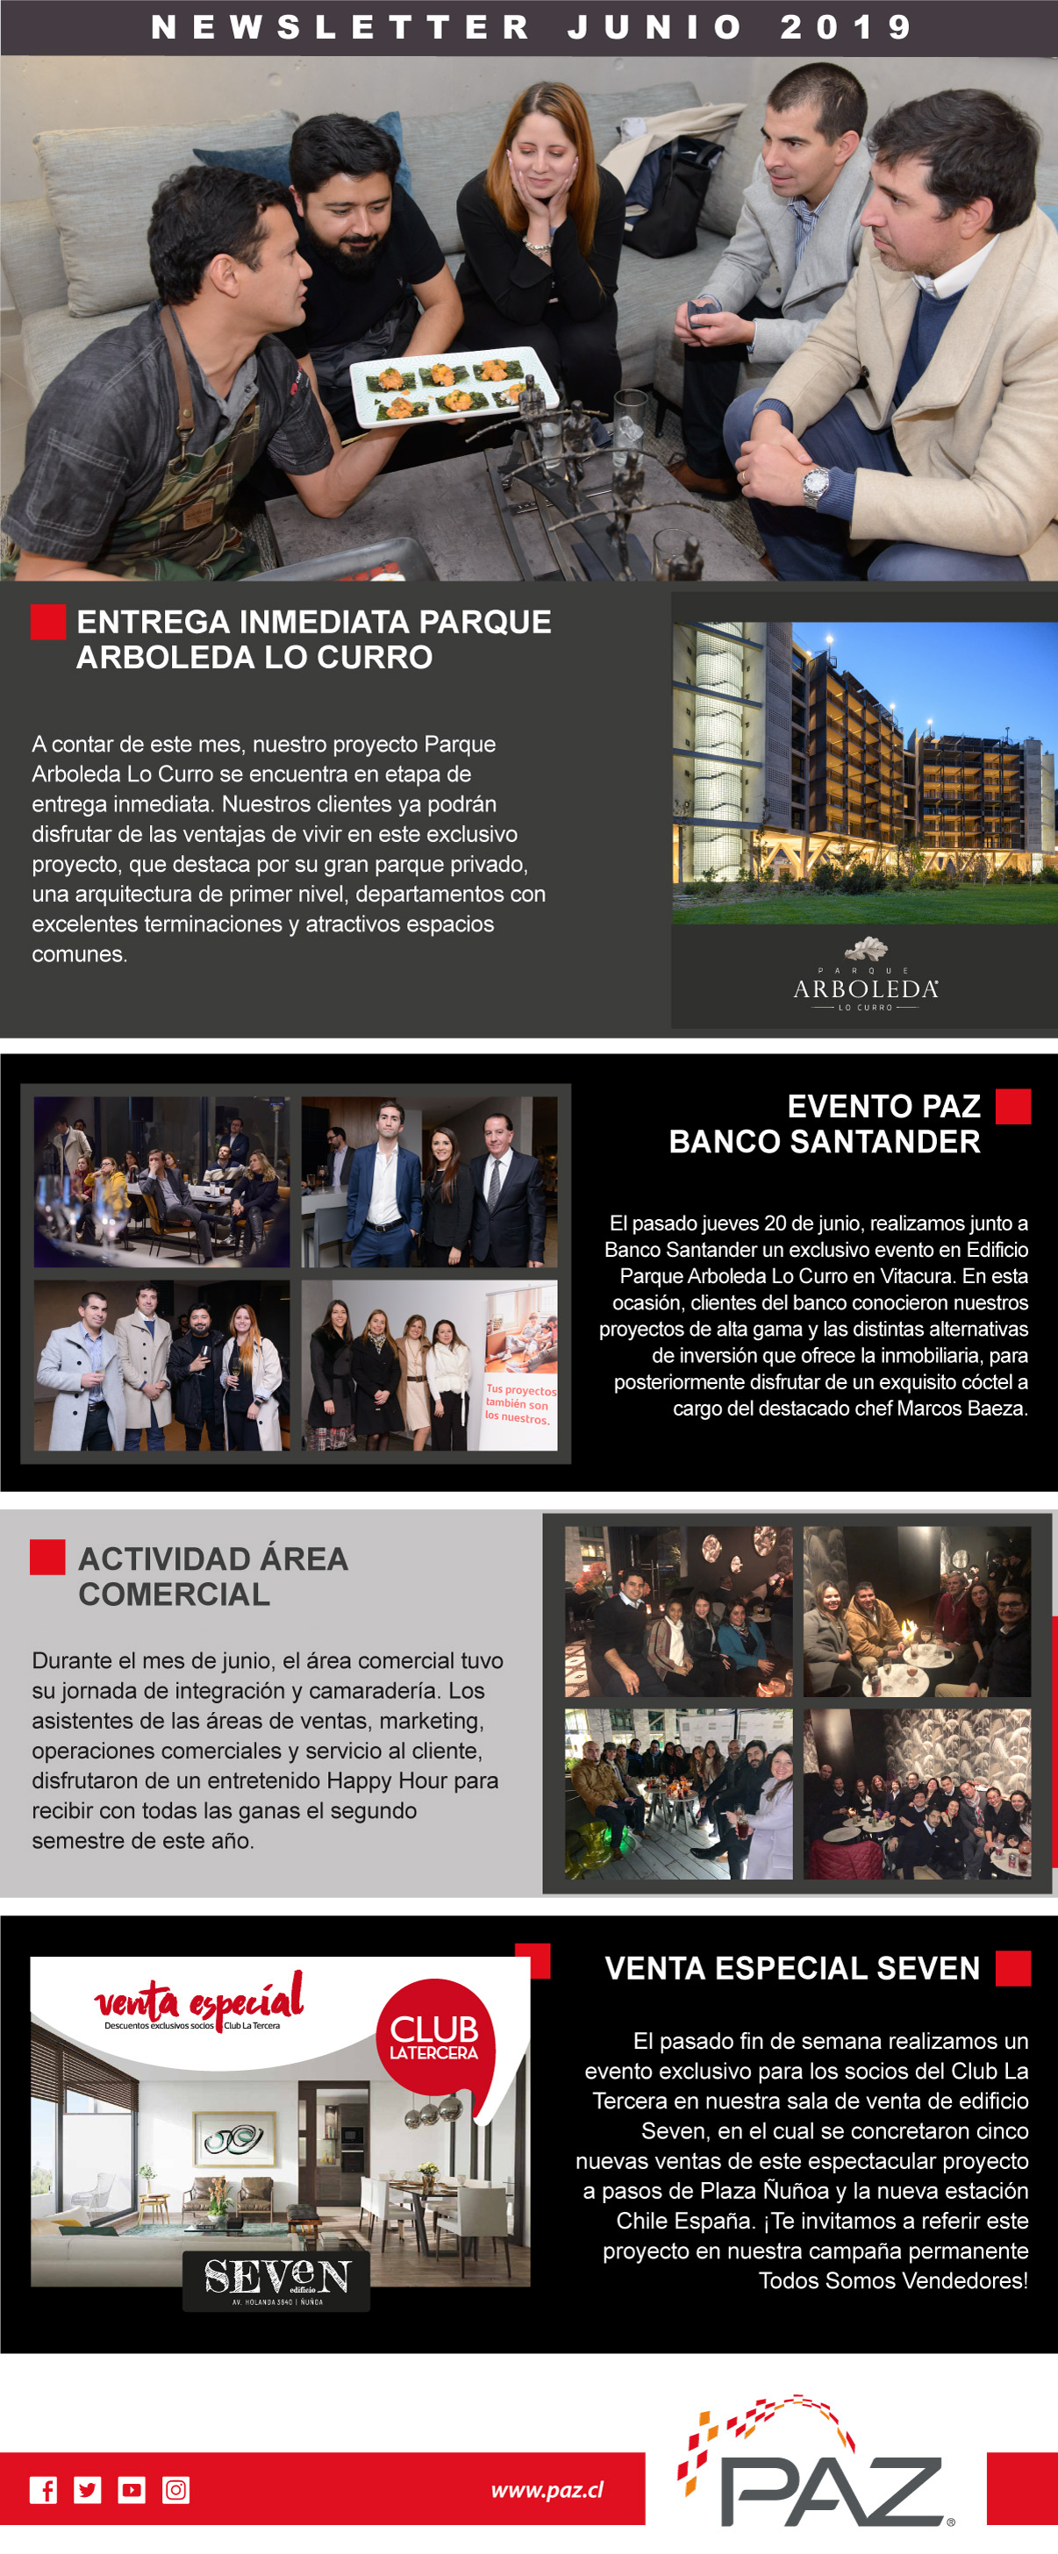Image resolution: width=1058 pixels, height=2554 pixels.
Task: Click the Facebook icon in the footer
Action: pos(43,2490)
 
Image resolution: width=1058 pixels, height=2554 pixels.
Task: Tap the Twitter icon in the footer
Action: pos(87,2490)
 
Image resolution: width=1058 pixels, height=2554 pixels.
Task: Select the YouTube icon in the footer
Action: pos(132,2490)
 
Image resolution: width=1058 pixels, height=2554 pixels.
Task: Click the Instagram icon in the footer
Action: pos(175,2490)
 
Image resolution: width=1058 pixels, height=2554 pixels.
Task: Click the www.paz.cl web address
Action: pos(547,2490)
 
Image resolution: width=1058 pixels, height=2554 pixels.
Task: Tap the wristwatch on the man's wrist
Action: pos(815,485)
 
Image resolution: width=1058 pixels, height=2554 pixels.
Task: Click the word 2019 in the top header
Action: pos(846,27)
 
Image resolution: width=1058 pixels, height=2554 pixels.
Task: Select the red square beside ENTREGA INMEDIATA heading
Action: pos(47,622)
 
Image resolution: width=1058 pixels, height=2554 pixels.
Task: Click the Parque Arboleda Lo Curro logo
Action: pos(865,976)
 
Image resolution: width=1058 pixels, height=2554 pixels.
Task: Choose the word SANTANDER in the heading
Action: pos(885,1141)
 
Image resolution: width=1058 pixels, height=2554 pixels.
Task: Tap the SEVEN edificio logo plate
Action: pos(275,2279)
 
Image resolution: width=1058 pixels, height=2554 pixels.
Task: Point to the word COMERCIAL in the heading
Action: pos(175,1594)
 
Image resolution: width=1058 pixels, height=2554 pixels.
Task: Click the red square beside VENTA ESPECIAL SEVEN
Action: pos(1012,1968)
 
